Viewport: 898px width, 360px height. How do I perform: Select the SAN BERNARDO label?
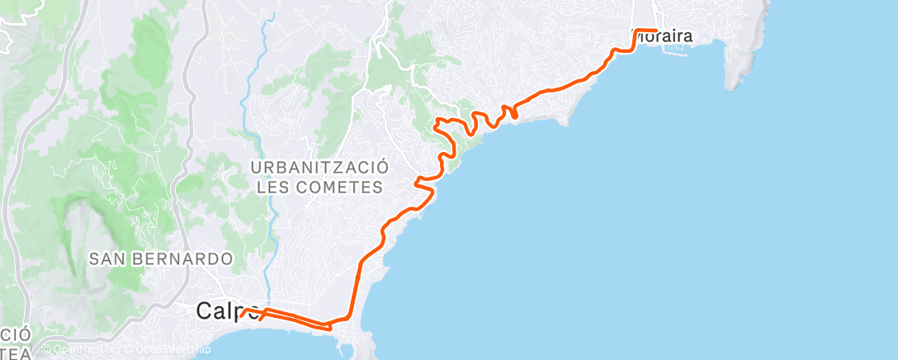pos(160,258)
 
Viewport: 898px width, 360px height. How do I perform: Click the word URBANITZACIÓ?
pos(320,167)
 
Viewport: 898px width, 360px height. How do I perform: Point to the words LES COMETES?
pos(320,187)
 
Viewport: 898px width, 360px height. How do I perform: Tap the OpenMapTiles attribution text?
pos(83,350)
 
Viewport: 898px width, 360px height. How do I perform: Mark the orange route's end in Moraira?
pos(655,31)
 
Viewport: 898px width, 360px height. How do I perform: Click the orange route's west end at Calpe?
pos(242,313)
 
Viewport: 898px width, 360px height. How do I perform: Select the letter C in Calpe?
pos(204,311)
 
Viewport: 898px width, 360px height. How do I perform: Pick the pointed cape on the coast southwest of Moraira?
pos(566,122)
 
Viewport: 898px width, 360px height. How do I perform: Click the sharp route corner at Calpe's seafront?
pos(330,328)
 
